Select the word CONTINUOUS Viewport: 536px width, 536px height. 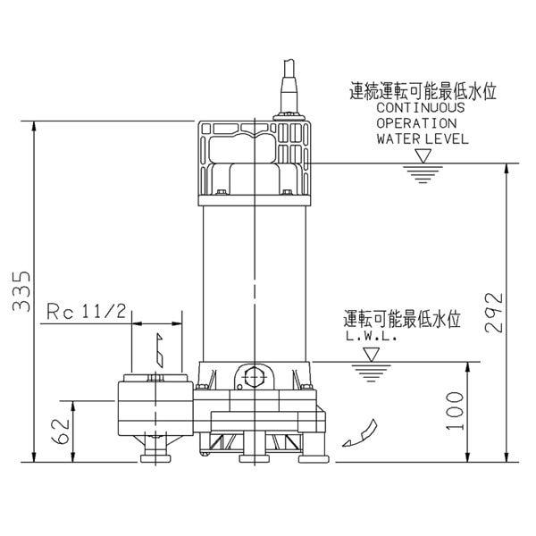[420, 107]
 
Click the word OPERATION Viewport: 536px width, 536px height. [416, 123]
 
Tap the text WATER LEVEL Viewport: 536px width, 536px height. [423, 139]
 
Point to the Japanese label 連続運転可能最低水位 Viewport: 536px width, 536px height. [422, 91]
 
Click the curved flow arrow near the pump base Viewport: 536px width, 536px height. [357, 433]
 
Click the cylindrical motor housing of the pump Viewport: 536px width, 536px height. [255, 277]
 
